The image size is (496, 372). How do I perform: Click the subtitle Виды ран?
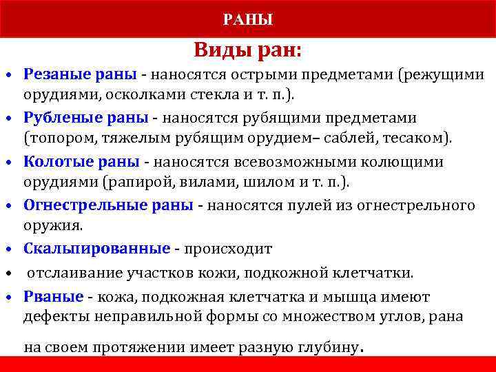247,50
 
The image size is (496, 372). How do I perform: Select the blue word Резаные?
52,74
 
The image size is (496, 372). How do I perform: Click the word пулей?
305,205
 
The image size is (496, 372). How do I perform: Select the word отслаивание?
74,273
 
